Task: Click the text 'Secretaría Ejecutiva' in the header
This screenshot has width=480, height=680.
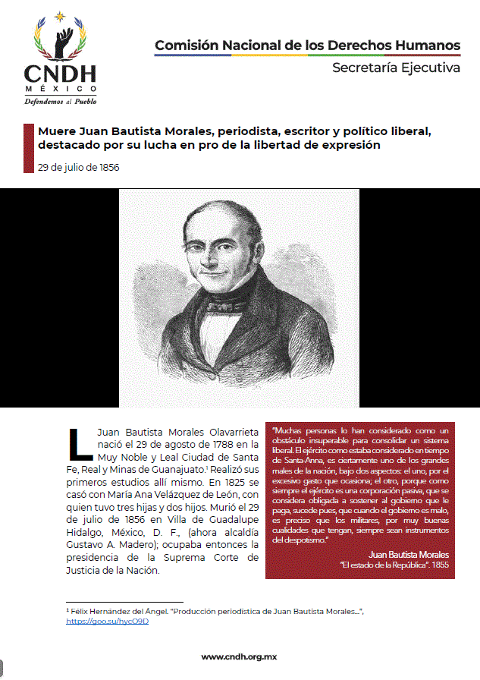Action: click(396, 68)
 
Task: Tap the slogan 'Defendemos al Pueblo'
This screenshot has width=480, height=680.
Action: click(60, 101)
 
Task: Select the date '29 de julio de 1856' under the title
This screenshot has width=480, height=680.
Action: click(78, 167)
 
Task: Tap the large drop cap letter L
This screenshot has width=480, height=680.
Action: click(80, 444)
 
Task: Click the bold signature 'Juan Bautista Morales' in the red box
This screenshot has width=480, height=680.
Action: click(408, 555)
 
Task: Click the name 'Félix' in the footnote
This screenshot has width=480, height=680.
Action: click(80, 611)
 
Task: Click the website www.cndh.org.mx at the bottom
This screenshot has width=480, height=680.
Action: click(240, 656)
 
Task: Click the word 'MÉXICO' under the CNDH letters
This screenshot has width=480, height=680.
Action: click(60, 87)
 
